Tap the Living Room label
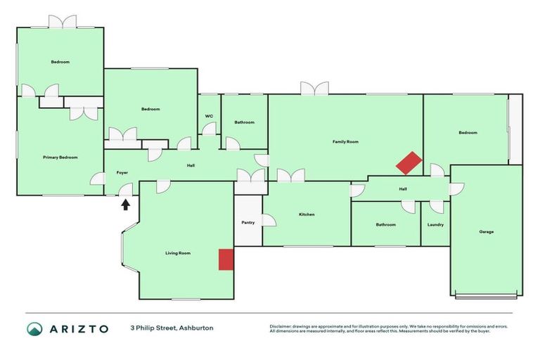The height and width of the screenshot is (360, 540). (x=178, y=253)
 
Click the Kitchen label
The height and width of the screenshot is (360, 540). (x=307, y=214)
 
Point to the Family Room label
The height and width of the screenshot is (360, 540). (x=345, y=142)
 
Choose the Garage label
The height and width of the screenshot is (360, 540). (x=486, y=231)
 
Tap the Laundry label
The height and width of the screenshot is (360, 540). (x=435, y=225)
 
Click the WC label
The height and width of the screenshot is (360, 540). (x=209, y=116)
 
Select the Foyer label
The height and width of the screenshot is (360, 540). (x=122, y=172)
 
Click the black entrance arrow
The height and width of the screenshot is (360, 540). (x=126, y=204)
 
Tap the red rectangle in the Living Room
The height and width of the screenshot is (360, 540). (x=226, y=259)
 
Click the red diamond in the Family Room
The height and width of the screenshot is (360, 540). (x=409, y=164)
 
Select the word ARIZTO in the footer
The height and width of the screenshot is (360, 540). (x=79, y=328)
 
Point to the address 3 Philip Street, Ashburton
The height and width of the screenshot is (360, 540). (x=172, y=328)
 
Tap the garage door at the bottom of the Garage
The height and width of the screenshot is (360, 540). (x=486, y=295)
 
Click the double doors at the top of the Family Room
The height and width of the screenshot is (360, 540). (x=314, y=89)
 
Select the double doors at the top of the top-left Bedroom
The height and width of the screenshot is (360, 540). (x=63, y=22)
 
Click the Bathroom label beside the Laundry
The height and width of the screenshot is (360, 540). (x=385, y=225)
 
